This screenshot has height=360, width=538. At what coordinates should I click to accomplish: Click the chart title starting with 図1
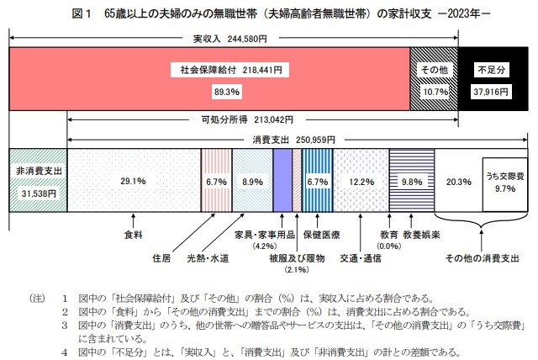pos(269,14)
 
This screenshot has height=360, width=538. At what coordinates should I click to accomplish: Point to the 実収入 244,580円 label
pos(229,39)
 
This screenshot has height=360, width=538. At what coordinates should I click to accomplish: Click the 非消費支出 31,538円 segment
pos(36,182)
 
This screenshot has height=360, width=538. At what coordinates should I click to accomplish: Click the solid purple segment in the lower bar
pos(282,182)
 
